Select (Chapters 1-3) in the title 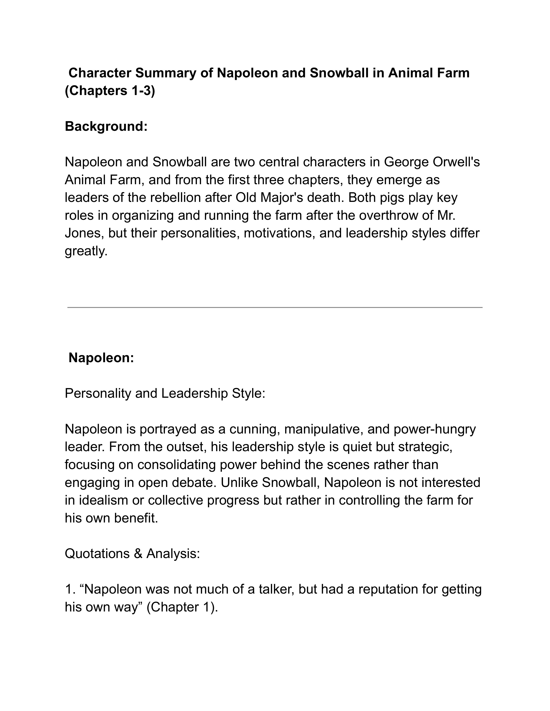point(110,91)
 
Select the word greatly point(86,251)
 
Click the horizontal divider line point(275,307)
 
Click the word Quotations point(97,554)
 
